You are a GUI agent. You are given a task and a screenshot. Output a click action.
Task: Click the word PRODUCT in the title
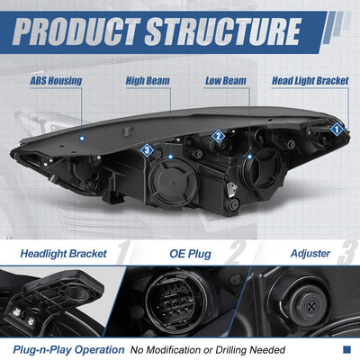pyautogui.click(x=76, y=31)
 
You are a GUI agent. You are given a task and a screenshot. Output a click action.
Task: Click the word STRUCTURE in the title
pyautogui.click(x=222, y=31)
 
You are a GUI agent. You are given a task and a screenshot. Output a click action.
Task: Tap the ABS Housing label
pyautogui.click(x=56, y=81)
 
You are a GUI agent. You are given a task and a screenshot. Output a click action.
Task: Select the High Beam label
pyautogui.click(x=148, y=81)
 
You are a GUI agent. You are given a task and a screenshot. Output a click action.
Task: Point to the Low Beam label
pyautogui.click(x=226, y=81)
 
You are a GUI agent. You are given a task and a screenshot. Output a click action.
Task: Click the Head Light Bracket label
pyautogui.click(x=310, y=81)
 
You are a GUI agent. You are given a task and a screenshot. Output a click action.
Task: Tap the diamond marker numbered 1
pyautogui.click(x=337, y=130)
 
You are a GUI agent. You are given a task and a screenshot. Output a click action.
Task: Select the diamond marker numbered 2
pyautogui.click(x=218, y=136)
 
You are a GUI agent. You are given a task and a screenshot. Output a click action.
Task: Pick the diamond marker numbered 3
pyautogui.click(x=147, y=150)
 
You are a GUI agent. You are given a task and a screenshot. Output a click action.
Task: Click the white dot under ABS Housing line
pyautogui.click(x=82, y=139)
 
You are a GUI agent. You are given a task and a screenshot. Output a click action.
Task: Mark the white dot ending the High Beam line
pyautogui.click(x=170, y=157)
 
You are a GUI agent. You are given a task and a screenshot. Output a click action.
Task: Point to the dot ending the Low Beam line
pyautogui.click(x=249, y=157)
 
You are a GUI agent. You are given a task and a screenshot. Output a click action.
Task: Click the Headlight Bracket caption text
pyautogui.click(x=63, y=254)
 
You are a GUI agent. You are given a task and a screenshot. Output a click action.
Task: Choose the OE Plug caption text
pyautogui.click(x=190, y=254)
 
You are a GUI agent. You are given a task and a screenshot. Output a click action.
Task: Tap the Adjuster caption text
pyautogui.click(x=310, y=254)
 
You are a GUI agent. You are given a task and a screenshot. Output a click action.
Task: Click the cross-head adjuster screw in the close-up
pyautogui.click(x=311, y=307)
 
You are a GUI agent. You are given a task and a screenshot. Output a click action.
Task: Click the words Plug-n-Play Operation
pyautogui.click(x=68, y=350)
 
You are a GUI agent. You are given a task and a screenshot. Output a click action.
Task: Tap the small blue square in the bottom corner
pyautogui.click(x=346, y=349)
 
